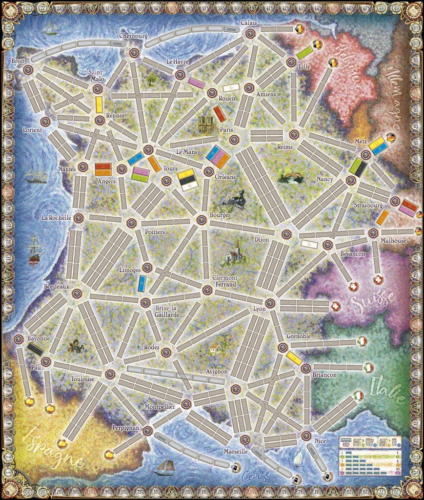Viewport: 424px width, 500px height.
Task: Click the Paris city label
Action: tap(226, 129)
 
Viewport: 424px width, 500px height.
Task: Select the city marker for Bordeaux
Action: tap(76, 293)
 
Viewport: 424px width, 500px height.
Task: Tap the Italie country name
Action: tap(387, 389)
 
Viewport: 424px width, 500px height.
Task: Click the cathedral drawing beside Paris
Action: tap(207, 125)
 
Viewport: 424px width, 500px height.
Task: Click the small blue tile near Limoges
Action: tap(141, 282)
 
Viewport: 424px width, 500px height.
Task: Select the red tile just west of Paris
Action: tap(219, 114)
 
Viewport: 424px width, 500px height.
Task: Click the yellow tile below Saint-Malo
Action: tap(99, 104)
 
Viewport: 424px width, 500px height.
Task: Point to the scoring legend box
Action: tap(369, 455)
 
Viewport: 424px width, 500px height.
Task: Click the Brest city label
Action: tap(17, 61)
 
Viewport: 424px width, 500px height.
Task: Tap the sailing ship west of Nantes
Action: tap(36, 176)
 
